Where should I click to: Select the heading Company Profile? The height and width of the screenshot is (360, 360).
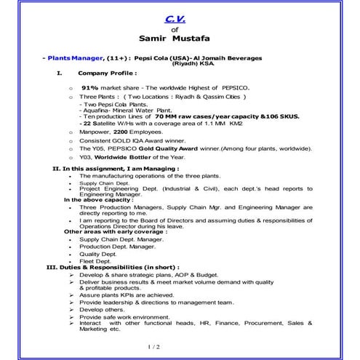pyautogui.click(x=106, y=73)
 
